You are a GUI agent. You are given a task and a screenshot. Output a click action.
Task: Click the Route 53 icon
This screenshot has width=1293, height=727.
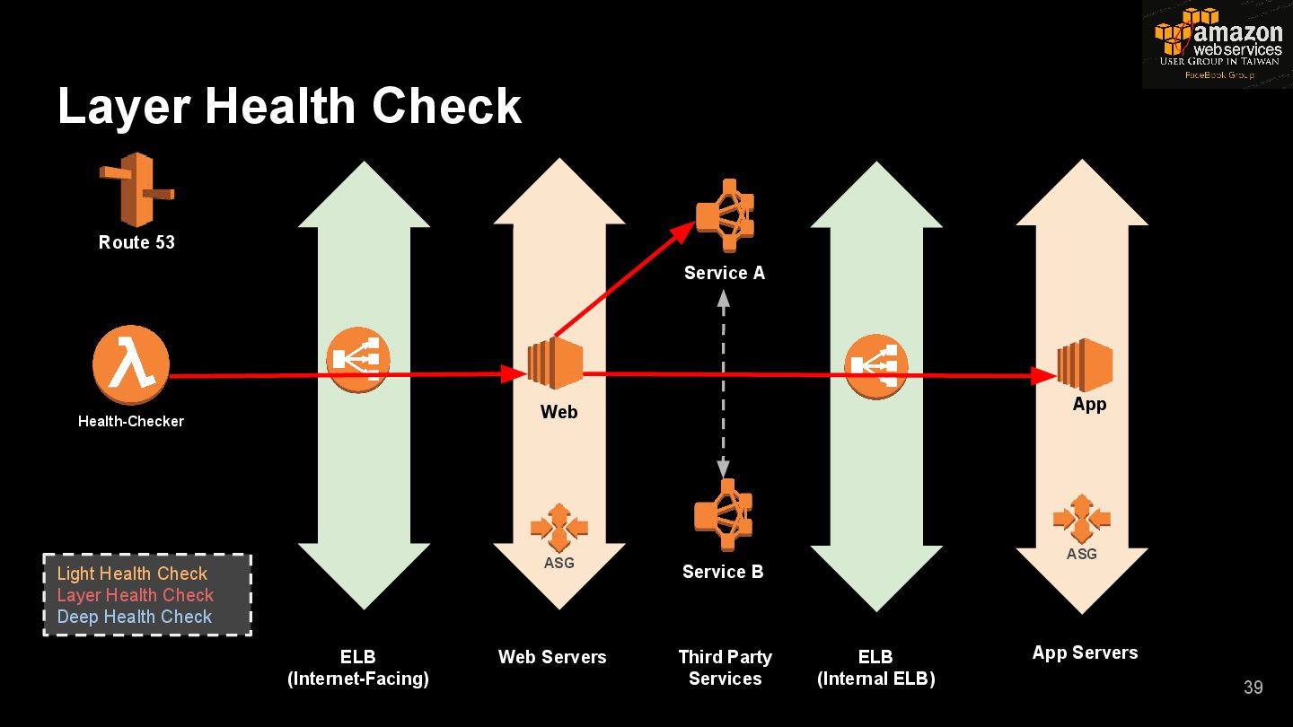136,188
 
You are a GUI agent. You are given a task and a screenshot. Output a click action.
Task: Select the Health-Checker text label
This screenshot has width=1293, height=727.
131,421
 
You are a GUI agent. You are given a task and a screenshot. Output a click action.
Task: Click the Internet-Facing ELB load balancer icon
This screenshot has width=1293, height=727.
357,360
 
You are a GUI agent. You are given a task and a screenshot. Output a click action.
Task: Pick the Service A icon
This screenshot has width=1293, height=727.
725,216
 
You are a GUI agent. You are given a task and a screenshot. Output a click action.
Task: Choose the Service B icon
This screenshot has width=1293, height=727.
723,515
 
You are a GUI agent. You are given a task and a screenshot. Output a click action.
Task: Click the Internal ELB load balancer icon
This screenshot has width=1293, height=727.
876,365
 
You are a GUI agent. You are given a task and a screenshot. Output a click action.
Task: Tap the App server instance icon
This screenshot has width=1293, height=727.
1085,365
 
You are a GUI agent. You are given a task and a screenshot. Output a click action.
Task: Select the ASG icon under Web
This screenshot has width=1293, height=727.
559,528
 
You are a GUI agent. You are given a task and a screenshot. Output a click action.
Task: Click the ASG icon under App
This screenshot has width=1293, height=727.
1082,518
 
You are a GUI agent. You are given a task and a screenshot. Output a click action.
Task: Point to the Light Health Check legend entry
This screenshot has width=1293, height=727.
132,574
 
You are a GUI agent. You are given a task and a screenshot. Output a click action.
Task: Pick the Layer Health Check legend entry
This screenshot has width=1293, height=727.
136,595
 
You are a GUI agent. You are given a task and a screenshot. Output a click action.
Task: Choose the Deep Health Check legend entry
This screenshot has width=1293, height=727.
135,617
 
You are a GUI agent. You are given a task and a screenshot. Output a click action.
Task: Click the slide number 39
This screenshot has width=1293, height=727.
1253,688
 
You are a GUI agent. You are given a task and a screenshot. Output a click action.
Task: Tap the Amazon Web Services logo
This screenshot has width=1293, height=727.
1218,44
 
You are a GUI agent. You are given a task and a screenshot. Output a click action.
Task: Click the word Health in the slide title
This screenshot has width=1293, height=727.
281,106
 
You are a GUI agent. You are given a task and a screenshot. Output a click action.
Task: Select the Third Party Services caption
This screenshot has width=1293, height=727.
725,668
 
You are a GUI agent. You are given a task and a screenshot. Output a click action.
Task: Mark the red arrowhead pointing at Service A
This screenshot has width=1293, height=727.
685,230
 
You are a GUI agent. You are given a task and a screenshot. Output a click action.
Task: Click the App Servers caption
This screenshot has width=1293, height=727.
1085,653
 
